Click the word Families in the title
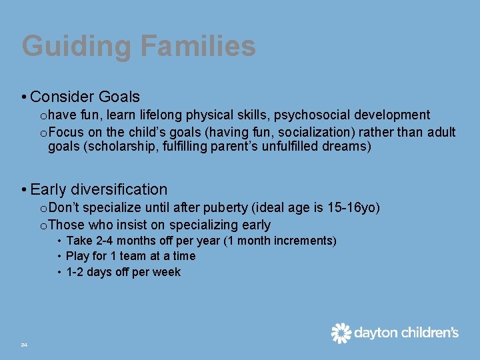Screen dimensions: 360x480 tap(198, 47)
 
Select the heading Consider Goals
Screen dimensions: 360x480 tap(85, 97)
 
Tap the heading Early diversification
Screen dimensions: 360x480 tap(99, 189)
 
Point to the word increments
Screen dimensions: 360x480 tap(306, 241)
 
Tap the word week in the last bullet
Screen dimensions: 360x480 tap(168, 272)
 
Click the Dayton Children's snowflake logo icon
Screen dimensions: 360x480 tap(341, 333)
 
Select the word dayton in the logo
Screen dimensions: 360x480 tap(375, 333)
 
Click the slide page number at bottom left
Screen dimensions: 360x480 tap(24, 345)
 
